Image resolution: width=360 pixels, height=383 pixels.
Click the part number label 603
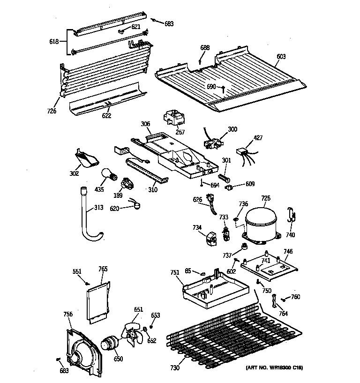(x=281, y=57)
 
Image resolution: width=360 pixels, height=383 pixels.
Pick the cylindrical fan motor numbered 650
(x=111, y=343)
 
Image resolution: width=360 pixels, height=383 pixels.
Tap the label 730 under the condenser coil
(x=175, y=368)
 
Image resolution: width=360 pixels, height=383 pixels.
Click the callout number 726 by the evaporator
(x=52, y=111)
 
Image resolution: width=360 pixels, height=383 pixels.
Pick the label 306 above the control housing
(x=145, y=124)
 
